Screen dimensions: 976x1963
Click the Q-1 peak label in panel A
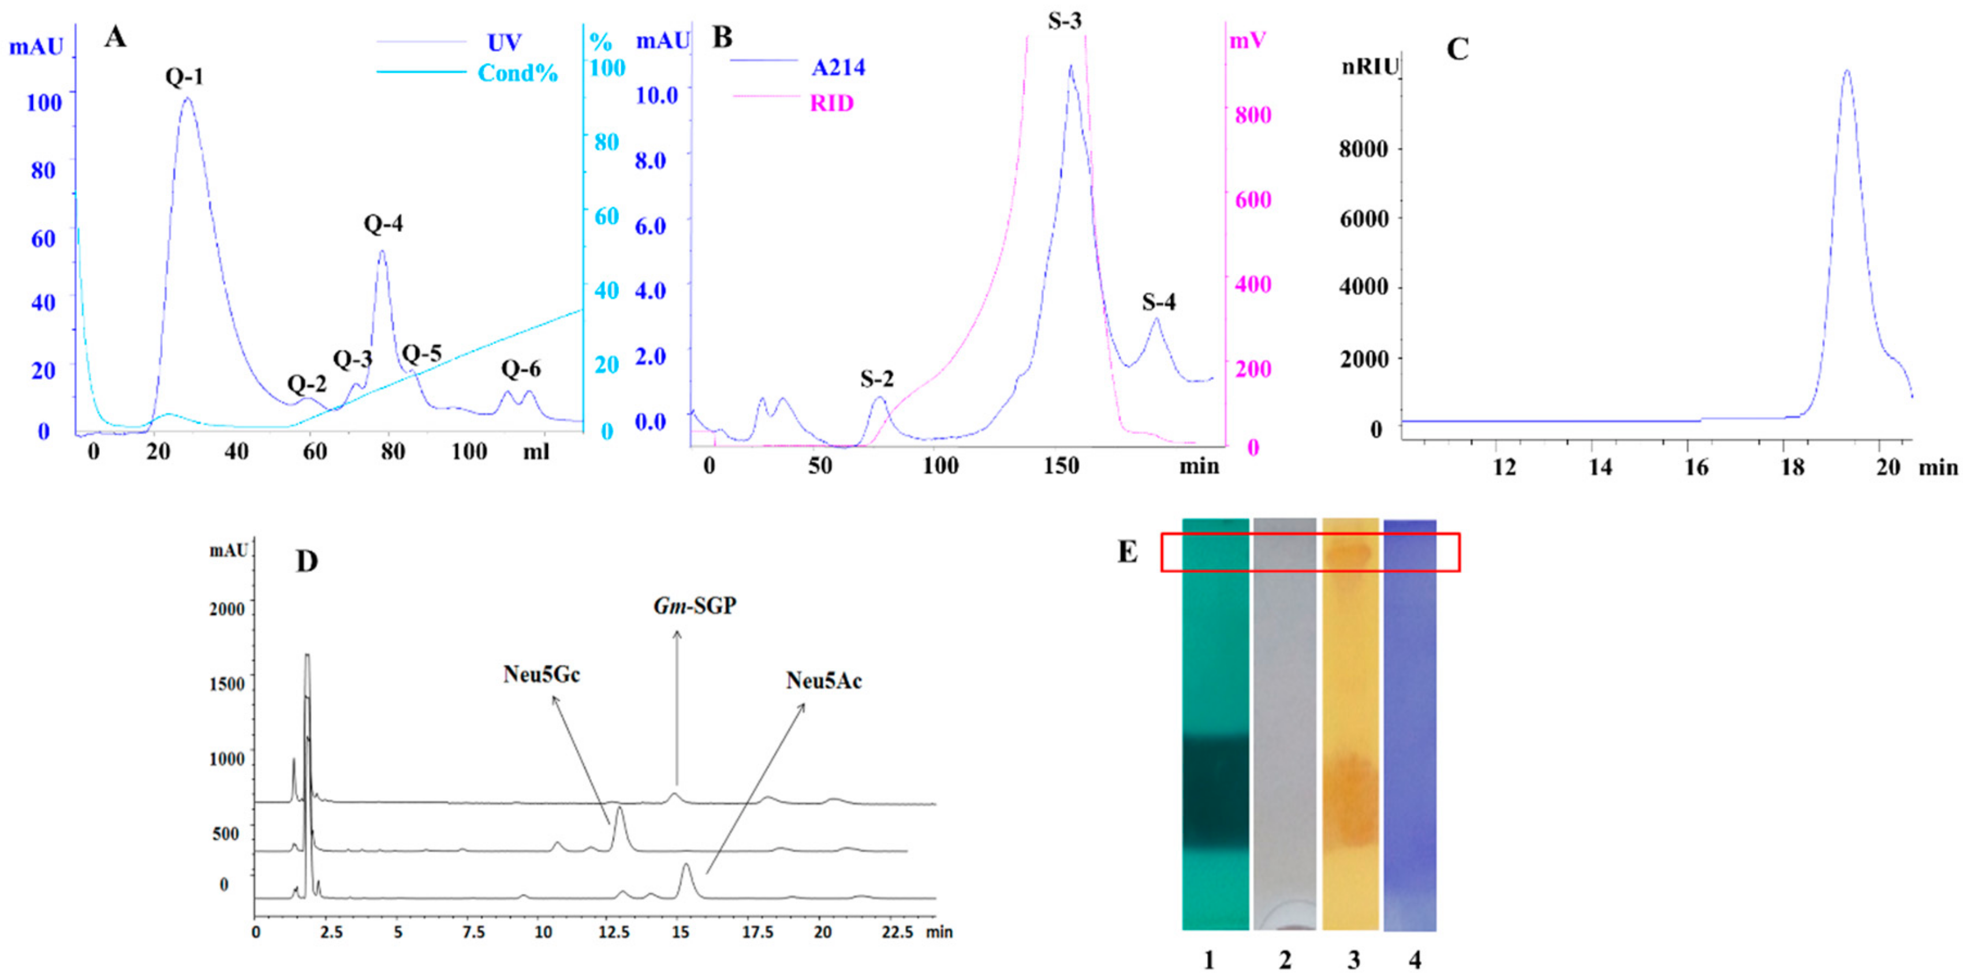click(x=184, y=77)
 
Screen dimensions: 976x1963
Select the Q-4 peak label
click(x=383, y=224)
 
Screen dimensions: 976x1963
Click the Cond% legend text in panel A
click(x=517, y=73)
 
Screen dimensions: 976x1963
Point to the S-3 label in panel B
click(x=1064, y=21)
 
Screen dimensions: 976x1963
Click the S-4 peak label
click(x=1158, y=302)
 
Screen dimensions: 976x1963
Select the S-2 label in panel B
click(x=876, y=379)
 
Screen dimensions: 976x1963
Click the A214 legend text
click(x=838, y=68)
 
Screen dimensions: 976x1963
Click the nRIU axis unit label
click(x=1369, y=67)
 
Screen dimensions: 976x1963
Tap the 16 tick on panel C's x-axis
click(x=1696, y=467)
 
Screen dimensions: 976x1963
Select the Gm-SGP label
click(x=695, y=607)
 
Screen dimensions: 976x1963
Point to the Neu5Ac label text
click(x=824, y=680)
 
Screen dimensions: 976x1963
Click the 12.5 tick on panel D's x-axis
click(x=613, y=932)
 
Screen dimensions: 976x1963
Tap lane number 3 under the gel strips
click(x=1353, y=960)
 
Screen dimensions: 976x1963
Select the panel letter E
click(x=1127, y=552)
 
